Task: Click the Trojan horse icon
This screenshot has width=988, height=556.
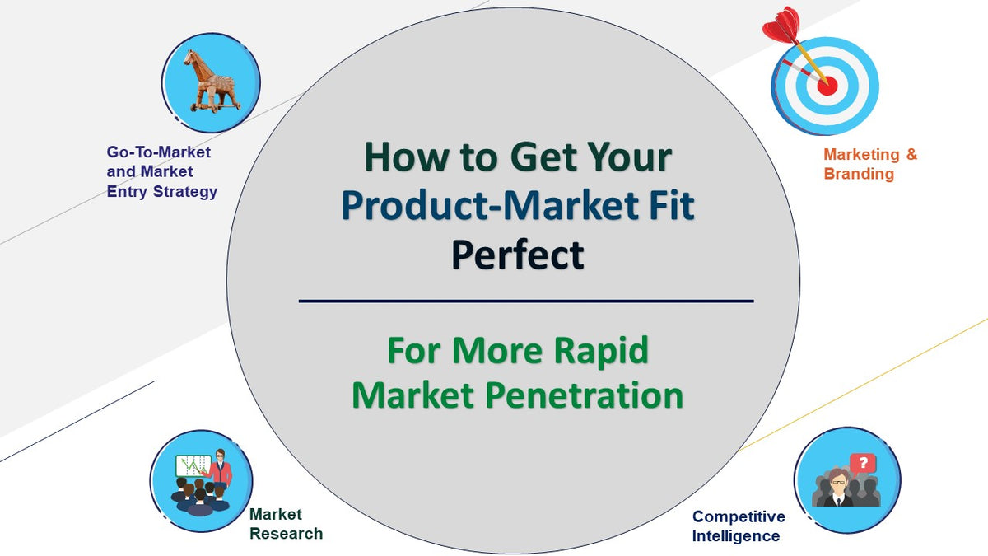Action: pos(211,80)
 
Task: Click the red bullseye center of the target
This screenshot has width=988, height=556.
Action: pos(827,84)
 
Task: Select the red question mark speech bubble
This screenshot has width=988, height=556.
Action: pos(863,463)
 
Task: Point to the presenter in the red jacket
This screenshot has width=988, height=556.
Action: pos(221,470)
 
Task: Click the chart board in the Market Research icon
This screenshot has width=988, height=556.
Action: pos(193,467)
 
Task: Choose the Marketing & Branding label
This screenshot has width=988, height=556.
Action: pos(869,164)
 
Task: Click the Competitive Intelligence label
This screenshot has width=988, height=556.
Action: pos(738,526)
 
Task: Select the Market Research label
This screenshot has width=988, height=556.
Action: pos(286,524)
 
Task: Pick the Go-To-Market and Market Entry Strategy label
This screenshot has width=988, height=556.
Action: pos(161,171)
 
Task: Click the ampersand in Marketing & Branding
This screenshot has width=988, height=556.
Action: pos(911,154)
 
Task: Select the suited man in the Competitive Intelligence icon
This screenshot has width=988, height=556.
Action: pos(838,489)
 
